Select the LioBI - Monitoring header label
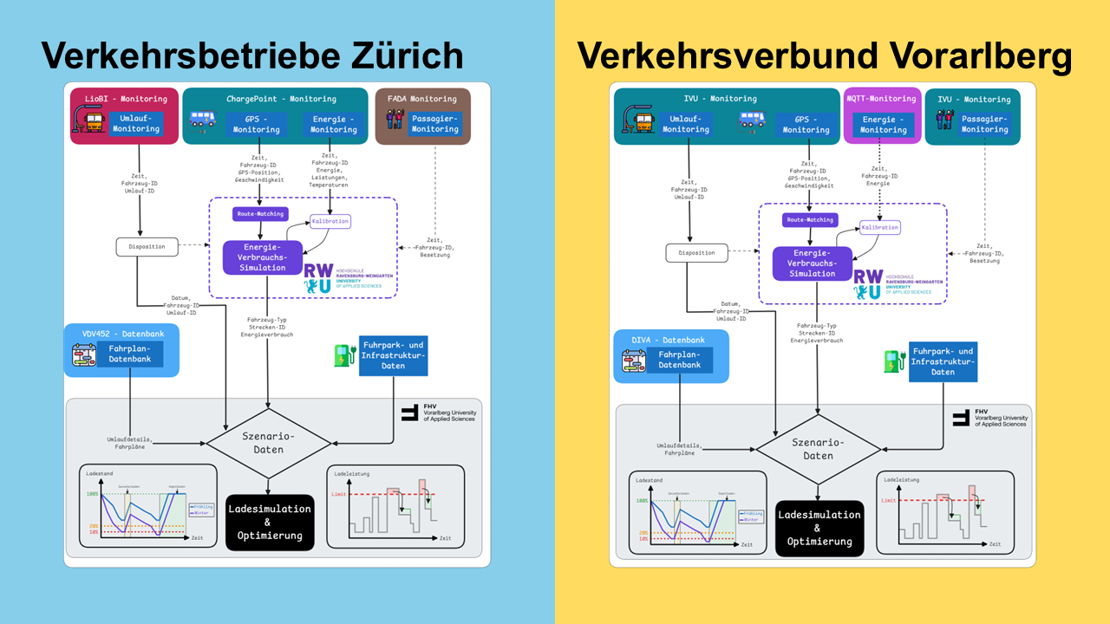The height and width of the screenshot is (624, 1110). (x=123, y=99)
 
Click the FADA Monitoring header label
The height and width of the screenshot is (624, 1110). (x=421, y=99)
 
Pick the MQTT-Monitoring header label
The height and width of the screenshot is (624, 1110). (x=880, y=99)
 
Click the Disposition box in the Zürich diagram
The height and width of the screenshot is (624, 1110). (x=147, y=246)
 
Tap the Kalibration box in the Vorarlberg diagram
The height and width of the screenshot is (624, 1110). (x=880, y=228)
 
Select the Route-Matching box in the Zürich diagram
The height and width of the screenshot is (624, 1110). (x=260, y=213)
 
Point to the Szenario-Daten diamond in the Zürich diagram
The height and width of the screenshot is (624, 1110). (x=269, y=443)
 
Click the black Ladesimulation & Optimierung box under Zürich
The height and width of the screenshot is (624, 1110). (x=269, y=522)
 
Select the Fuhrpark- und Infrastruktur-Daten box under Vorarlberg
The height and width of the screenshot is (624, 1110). (x=943, y=361)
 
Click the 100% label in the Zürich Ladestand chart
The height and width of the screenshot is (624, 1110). (x=93, y=493)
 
